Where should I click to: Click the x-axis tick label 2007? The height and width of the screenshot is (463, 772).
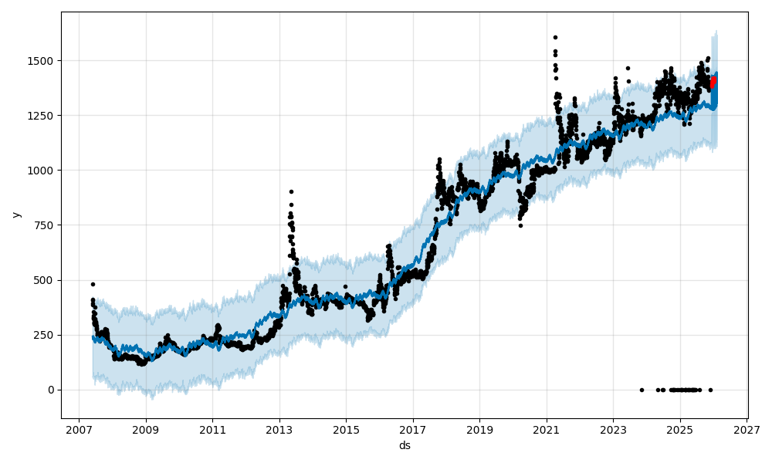79,429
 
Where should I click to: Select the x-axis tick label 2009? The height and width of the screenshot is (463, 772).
146,429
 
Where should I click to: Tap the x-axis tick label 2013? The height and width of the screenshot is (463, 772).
279,429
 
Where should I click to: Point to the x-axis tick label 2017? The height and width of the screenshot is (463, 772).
413,429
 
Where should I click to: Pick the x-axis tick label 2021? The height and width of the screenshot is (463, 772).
547,429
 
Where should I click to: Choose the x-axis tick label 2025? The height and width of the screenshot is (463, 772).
680,429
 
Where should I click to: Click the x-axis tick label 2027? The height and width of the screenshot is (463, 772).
747,429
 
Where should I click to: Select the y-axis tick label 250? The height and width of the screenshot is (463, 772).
47,335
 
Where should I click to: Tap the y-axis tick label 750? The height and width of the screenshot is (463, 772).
47,225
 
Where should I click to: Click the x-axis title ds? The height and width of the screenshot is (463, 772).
405,445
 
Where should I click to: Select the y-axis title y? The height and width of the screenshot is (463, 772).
15,215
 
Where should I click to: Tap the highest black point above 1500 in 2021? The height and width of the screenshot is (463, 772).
555,37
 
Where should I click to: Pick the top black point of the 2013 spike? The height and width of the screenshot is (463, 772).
291,191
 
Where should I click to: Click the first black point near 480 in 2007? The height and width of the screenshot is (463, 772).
93,284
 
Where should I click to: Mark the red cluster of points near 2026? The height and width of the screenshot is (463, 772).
713,82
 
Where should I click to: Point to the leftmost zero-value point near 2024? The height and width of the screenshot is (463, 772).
642,390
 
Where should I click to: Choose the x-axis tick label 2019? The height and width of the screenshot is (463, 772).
479,429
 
